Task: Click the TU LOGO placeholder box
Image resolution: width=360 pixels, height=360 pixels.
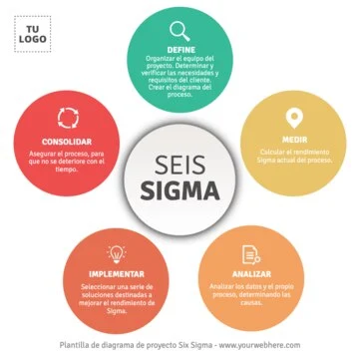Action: pyautogui.click(x=37, y=37)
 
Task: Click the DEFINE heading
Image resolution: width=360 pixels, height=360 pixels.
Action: pyautogui.click(x=180, y=48)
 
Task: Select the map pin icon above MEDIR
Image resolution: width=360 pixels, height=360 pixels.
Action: pyautogui.click(x=293, y=119)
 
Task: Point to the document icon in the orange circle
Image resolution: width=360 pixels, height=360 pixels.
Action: pyautogui.click(x=250, y=254)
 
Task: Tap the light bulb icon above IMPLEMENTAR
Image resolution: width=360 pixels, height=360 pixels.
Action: pyautogui.click(x=116, y=254)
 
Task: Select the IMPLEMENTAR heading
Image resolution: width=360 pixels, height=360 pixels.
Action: pyautogui.click(x=116, y=273)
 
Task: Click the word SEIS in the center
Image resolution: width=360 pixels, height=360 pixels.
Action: pyautogui.click(x=180, y=167)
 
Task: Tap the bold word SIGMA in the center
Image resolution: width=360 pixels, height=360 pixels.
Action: pyautogui.click(x=180, y=190)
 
